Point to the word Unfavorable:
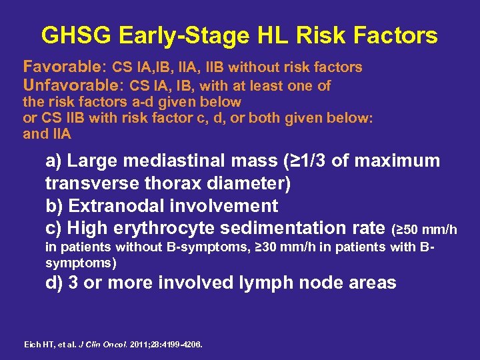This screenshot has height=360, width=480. point(73,85)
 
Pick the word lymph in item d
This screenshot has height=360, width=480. point(276,283)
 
